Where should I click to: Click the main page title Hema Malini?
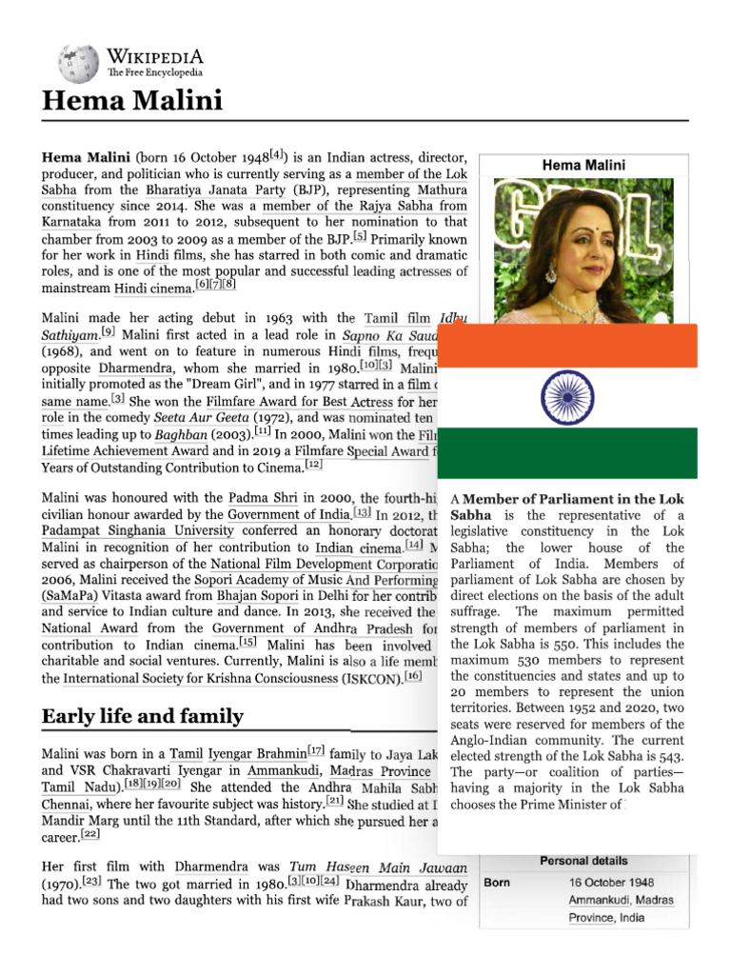coord(131,101)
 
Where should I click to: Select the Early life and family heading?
coord(142,716)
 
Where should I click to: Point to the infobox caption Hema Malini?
coord(583,166)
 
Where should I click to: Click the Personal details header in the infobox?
coord(583,861)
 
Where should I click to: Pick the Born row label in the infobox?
coord(497,883)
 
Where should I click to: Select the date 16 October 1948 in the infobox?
coord(612,883)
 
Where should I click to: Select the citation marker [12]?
coord(314,465)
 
